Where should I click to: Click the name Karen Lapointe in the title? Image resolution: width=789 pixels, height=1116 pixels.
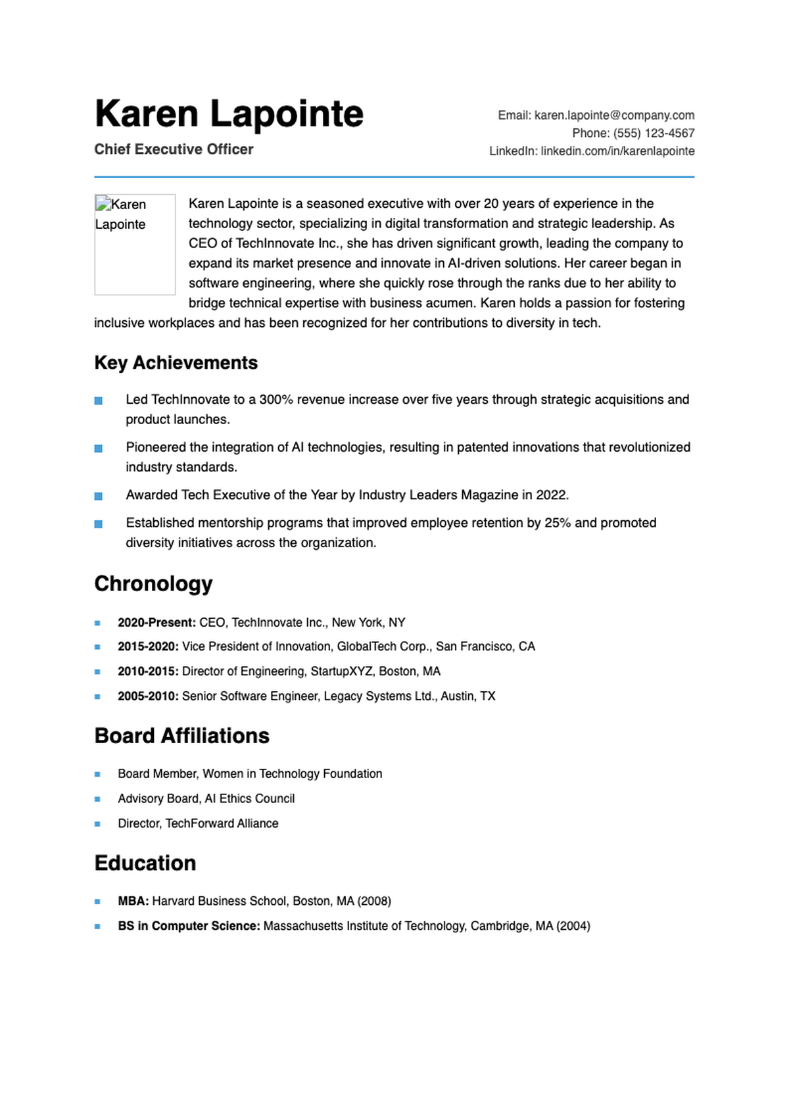[229, 114]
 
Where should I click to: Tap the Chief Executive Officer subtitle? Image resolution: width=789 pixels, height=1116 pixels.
[174, 149]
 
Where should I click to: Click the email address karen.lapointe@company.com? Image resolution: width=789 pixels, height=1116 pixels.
[614, 115]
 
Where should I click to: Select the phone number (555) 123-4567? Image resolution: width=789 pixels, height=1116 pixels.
[654, 133]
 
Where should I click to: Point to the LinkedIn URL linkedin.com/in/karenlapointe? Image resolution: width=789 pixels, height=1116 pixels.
[617, 151]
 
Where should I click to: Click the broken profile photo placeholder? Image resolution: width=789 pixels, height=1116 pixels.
[135, 244]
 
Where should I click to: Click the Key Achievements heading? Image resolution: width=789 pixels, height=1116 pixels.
[176, 362]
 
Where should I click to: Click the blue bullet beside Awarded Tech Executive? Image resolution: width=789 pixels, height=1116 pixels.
[99, 496]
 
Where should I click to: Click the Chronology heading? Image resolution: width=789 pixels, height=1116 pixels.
[153, 583]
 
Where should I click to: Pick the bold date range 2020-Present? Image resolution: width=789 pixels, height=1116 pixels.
[156, 622]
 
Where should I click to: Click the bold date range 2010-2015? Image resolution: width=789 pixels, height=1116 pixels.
[148, 671]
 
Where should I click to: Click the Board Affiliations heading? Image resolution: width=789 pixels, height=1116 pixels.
[181, 735]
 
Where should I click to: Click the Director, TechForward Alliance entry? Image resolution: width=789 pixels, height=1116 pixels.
[198, 823]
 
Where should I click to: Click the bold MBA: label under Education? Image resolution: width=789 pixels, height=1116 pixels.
[133, 901]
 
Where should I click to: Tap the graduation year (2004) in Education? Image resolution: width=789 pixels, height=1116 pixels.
[573, 926]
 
